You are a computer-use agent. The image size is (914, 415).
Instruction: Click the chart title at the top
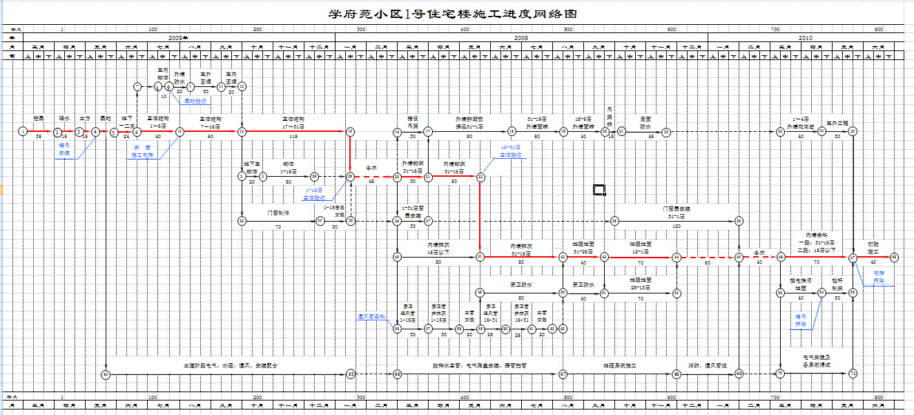click(x=452, y=14)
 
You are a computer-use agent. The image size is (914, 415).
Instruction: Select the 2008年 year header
click(x=178, y=37)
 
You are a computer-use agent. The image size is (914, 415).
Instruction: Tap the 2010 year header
click(x=805, y=37)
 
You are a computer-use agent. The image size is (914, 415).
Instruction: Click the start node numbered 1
click(x=23, y=131)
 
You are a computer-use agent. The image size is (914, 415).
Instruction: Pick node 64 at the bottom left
click(x=106, y=374)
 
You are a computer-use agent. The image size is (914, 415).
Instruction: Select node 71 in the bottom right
click(x=853, y=374)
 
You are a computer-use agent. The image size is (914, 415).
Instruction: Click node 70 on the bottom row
click(x=780, y=374)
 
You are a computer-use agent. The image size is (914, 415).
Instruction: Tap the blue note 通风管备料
click(x=371, y=316)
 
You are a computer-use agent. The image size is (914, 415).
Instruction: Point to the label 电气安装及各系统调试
click(x=816, y=360)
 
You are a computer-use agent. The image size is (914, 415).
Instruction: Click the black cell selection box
click(x=599, y=190)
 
